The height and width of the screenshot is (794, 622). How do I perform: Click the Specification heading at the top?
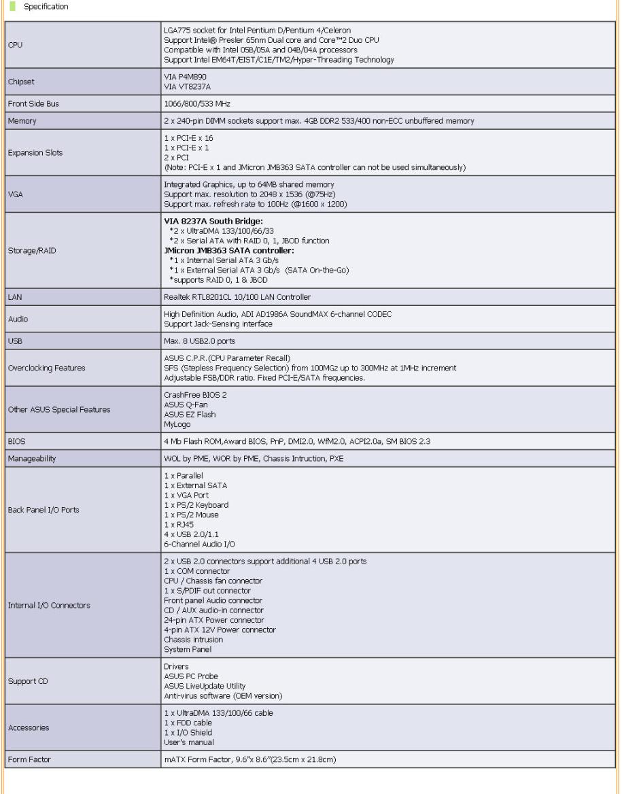46,7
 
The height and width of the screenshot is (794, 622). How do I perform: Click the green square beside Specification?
14,7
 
